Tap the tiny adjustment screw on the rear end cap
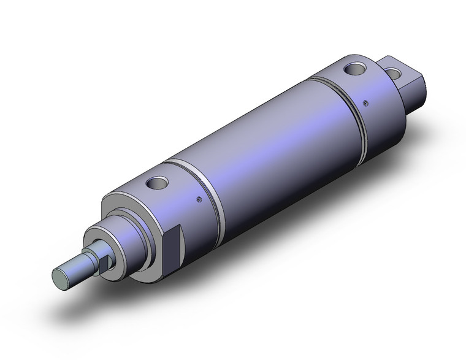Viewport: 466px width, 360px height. point(366,102)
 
